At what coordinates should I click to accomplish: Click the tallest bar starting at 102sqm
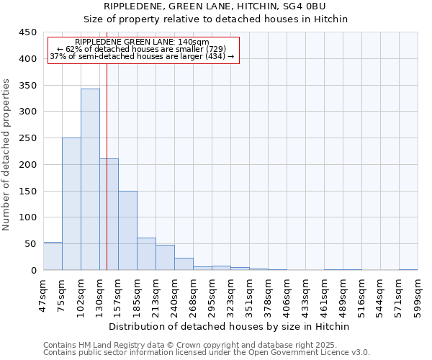tap(90, 180)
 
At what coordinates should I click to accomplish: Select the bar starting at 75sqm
tap(71, 204)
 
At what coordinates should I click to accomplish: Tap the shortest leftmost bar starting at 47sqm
tap(53, 256)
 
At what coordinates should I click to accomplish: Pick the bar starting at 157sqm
tap(127, 230)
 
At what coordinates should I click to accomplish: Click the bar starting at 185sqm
tap(146, 254)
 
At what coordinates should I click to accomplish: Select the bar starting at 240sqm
tap(184, 264)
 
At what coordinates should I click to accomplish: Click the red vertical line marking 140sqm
tap(107, 166)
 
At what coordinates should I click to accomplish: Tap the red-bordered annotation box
tap(143, 50)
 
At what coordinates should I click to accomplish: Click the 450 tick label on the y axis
tap(28, 32)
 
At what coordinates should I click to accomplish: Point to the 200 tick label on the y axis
tap(28, 165)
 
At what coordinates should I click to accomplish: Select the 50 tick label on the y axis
tap(31, 244)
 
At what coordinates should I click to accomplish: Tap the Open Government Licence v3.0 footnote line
tap(207, 353)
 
